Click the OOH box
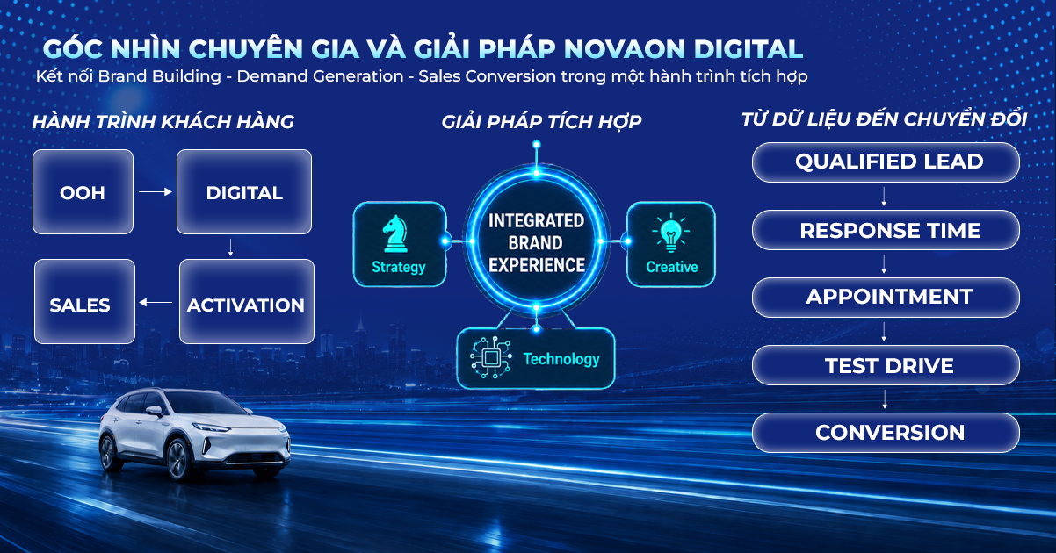coord(83,191)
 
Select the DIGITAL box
coord(244,191)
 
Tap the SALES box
coord(85,301)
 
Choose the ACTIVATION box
coord(247,301)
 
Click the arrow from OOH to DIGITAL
coord(156,191)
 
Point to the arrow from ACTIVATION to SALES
coord(156,303)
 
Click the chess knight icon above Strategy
coord(395,233)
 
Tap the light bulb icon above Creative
coord(671,233)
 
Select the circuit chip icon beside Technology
coord(491,357)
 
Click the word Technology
coord(561,359)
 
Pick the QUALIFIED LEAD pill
coord(886,162)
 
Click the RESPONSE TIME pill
coord(886,230)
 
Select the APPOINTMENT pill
coord(886,298)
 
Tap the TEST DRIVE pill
coord(886,365)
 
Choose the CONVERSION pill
coord(886,433)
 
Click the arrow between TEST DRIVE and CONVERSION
coord(885,399)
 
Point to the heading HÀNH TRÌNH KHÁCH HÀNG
coord(163,121)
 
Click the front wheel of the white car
coord(177,459)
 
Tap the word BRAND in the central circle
coord(536,243)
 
